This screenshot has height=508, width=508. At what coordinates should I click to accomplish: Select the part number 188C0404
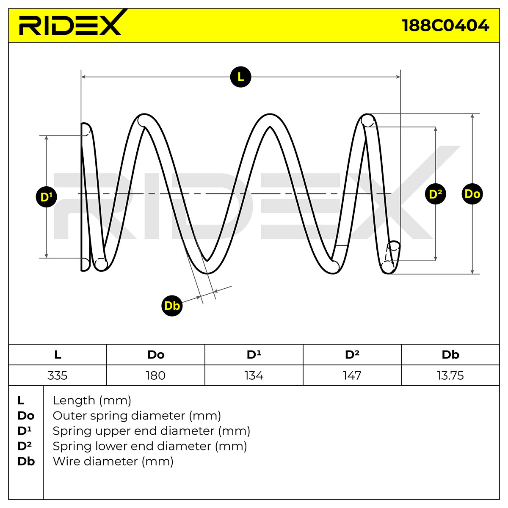click(x=445, y=25)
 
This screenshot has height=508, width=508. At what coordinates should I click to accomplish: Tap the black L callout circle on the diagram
click(x=240, y=77)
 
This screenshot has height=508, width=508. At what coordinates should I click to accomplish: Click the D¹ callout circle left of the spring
click(x=47, y=197)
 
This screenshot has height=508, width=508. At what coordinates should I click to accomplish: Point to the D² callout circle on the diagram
click(x=435, y=194)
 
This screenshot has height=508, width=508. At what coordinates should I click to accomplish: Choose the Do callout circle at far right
click(x=472, y=194)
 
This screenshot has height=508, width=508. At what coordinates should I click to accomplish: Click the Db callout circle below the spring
click(x=172, y=306)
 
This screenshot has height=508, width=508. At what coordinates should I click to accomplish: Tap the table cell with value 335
click(x=58, y=375)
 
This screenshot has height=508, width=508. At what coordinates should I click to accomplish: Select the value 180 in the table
click(x=156, y=375)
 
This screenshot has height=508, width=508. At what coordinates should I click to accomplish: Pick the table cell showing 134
click(x=254, y=375)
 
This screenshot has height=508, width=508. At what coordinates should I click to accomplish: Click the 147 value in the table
click(x=352, y=375)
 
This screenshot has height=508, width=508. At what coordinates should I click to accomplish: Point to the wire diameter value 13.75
click(x=450, y=375)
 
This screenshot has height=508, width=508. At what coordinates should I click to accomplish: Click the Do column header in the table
click(x=156, y=355)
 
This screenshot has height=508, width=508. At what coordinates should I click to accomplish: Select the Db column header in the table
click(x=450, y=355)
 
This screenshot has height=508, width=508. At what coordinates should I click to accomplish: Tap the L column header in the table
click(x=58, y=355)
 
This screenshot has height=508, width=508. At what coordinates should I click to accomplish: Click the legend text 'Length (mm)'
click(x=92, y=400)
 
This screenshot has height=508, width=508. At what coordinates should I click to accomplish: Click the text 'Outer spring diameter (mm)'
click(x=137, y=416)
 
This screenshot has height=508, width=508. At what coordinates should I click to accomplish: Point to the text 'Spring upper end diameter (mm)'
click(x=151, y=431)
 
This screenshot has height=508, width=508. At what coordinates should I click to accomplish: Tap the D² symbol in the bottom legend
click(x=25, y=446)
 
